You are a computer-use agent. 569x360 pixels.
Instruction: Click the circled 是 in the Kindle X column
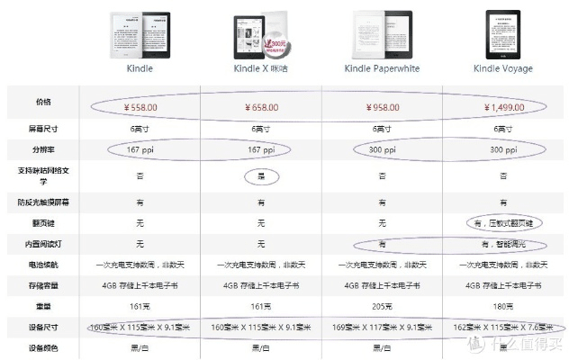tap(261, 175)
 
